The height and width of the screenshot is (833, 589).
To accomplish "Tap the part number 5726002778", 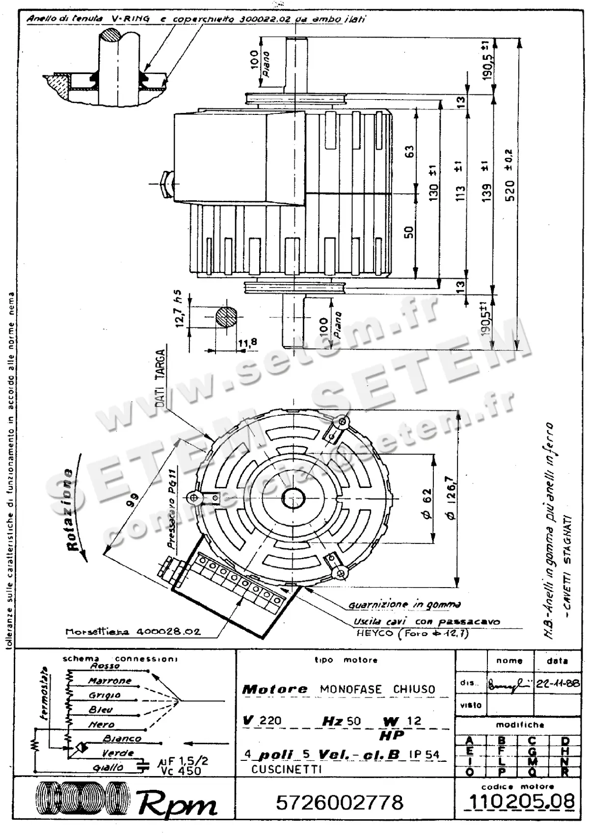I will coord(340,803).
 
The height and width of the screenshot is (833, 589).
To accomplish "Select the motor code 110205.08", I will coord(521,802).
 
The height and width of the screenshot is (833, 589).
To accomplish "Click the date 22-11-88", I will coord(558,684).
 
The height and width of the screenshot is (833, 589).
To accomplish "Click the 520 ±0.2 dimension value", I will coord(509,177).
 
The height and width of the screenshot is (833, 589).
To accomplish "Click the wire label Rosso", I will coord(105,666).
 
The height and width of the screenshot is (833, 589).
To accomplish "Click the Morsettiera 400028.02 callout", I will coord(133,632).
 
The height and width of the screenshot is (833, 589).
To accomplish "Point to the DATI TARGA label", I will coord(160,378).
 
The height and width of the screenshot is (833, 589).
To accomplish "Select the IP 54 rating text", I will coord(424,754).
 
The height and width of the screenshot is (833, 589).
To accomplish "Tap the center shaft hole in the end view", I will coord(294,498).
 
